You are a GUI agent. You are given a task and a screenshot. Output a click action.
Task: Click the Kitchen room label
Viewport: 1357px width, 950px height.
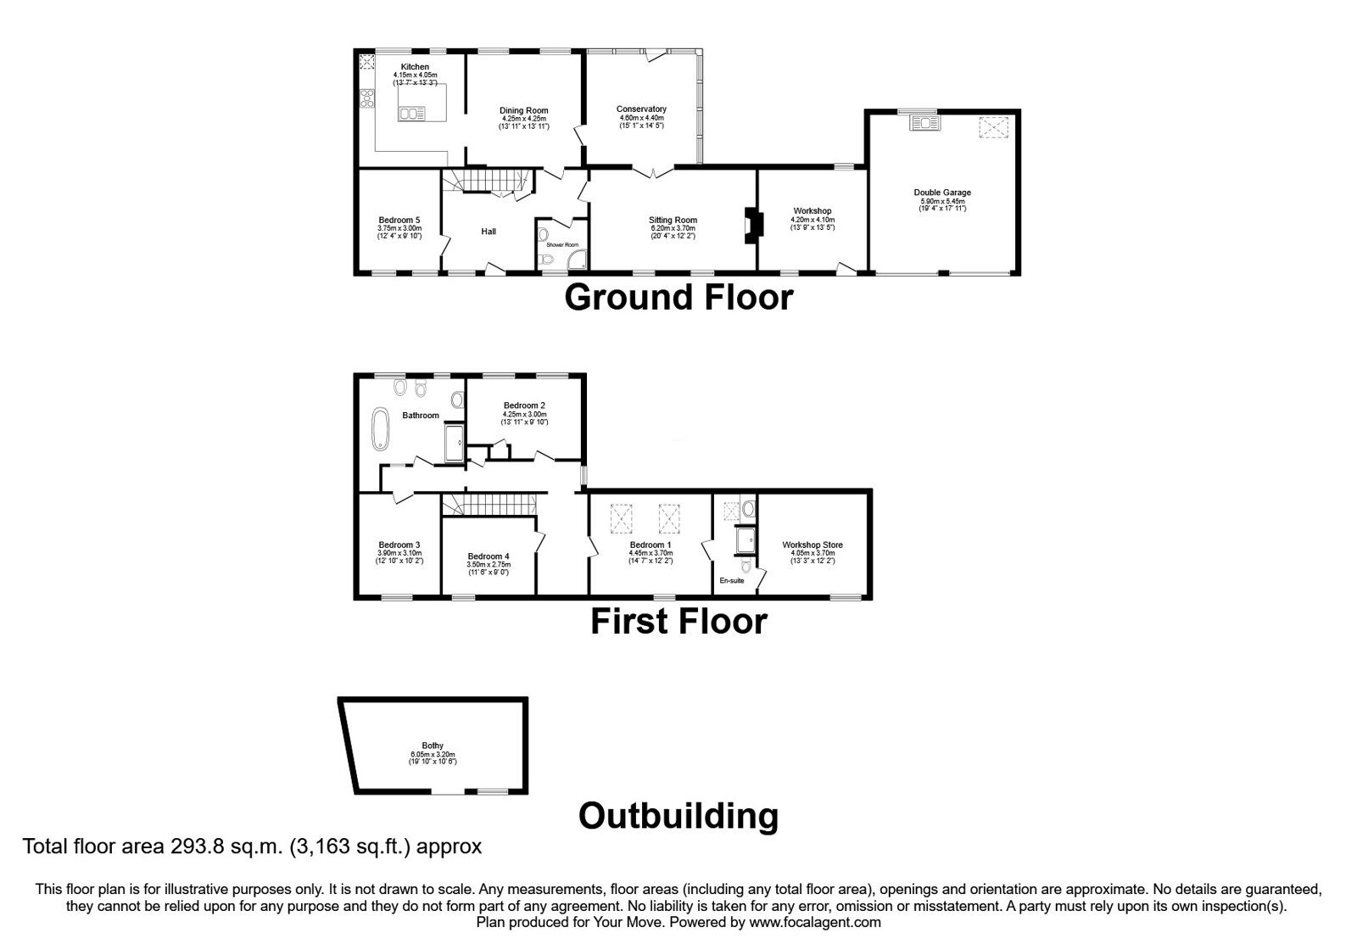[415, 67]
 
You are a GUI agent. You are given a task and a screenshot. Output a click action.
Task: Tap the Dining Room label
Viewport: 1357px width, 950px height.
[523, 110]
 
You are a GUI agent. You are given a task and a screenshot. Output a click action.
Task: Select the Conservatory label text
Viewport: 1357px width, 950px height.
[641, 109]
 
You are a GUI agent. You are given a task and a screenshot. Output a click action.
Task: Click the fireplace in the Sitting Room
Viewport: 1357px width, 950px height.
[749, 226]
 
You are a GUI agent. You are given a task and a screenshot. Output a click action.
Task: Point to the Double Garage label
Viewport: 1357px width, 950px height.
[942, 193]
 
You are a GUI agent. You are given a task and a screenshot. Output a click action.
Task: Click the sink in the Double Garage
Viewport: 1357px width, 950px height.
[923, 124]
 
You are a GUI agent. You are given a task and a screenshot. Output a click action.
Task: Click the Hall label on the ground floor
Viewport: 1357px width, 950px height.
[489, 232]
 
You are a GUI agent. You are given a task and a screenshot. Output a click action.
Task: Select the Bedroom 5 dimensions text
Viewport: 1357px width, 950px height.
[399, 232]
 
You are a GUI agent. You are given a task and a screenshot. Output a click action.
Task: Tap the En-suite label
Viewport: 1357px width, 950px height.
[731, 581]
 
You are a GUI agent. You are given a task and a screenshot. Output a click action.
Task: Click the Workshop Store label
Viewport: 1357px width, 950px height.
[813, 545]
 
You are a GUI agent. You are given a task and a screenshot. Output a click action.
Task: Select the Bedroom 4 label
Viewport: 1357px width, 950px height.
[489, 557]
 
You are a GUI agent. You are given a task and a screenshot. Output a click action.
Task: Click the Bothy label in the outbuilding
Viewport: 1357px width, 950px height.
[433, 746]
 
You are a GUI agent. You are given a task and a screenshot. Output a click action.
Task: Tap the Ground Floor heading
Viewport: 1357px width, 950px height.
[678, 298]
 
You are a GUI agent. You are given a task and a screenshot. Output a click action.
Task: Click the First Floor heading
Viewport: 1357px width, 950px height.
[678, 622]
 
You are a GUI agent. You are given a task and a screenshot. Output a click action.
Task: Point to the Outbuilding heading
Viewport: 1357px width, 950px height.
[678, 816]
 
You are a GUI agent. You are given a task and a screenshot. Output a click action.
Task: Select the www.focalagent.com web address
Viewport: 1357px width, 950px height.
[815, 922]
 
